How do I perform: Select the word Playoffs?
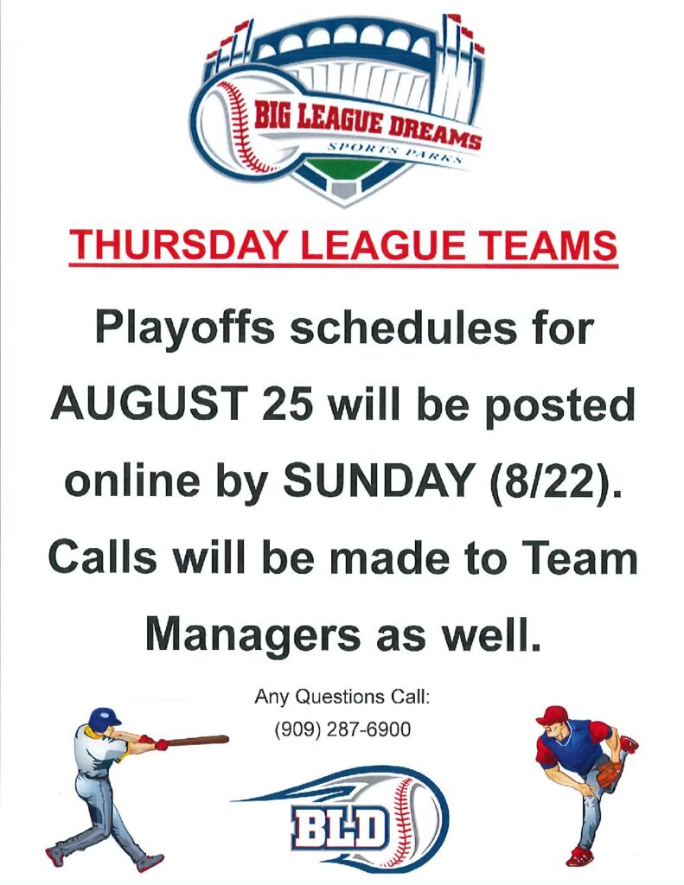coord(185,329)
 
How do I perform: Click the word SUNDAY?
coord(378,481)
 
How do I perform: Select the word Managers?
coord(253,636)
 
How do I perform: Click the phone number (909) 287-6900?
coord(342,729)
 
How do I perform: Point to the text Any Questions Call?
coord(342,697)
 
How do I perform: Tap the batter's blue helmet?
coord(104,718)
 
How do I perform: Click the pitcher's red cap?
coord(551,715)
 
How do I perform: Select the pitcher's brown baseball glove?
coord(610,774)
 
